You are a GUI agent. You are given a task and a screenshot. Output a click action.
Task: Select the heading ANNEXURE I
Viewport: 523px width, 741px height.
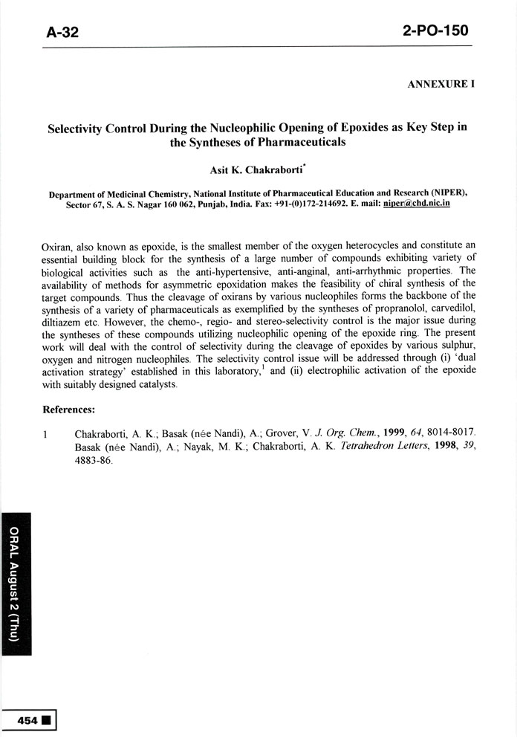pos(441,84)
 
